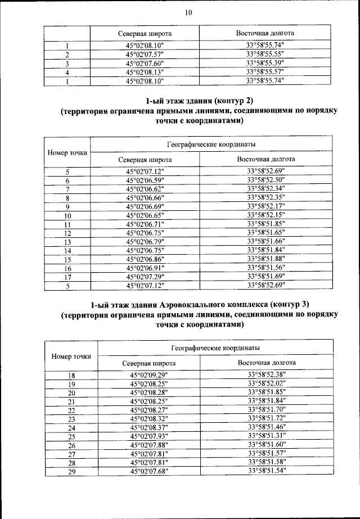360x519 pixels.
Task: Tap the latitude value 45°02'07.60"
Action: (145, 64)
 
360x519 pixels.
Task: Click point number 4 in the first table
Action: (67, 73)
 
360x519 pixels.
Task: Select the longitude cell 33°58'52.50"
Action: (265, 180)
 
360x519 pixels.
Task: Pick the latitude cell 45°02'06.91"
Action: (145, 268)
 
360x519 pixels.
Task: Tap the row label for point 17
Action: (67, 277)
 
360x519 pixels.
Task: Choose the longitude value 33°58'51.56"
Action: (265, 268)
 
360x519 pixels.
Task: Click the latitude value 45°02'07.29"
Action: (145, 277)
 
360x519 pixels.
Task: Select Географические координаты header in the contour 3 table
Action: (215, 348)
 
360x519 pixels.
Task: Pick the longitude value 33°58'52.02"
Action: (266, 383)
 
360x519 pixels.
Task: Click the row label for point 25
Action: (71, 436)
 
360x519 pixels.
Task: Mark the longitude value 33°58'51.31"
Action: (266, 436)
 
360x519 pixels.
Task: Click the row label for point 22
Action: (71, 410)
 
